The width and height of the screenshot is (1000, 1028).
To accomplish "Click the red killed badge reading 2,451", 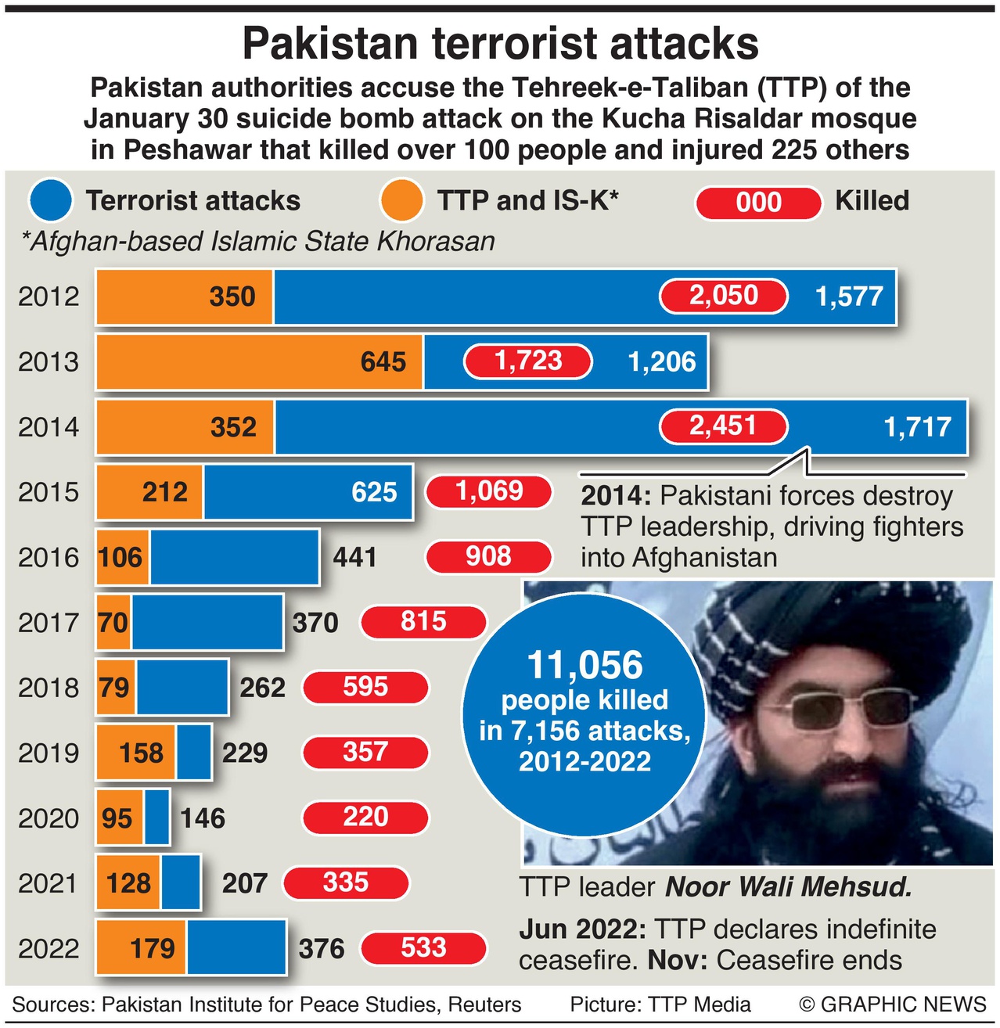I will tap(724, 426).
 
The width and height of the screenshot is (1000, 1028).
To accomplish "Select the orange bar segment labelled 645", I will tap(259, 361).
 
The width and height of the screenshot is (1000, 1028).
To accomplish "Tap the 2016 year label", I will tap(49, 558).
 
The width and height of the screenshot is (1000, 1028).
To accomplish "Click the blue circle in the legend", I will tap(51, 201).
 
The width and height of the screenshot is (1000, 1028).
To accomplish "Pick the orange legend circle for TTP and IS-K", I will tap(401, 201).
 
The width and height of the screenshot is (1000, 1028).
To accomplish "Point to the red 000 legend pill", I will tap(758, 202).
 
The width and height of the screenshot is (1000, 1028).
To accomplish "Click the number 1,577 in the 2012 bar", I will tap(849, 297).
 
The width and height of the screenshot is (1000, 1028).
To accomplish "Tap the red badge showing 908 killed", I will tap(488, 557).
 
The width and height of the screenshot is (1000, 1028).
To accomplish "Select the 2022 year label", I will tap(49, 949).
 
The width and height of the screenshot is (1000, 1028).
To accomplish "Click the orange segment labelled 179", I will tap(142, 948).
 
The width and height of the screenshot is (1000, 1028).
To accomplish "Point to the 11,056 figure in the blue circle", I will tap(585, 666).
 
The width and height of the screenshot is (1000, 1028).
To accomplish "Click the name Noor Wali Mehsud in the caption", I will tap(789, 887).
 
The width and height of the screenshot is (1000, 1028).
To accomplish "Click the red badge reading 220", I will tap(365, 818).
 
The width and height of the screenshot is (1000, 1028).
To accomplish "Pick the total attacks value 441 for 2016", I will tap(355, 558).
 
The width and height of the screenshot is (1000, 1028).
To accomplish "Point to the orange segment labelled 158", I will tap(137, 753).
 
